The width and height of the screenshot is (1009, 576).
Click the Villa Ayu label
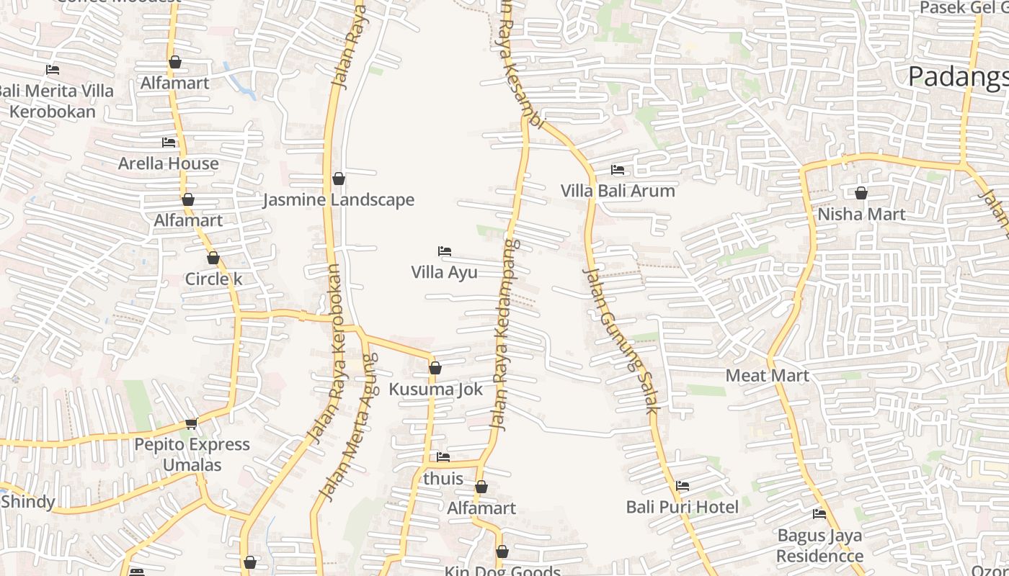(x=444, y=272)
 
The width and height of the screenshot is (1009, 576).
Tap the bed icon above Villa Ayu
(x=445, y=251)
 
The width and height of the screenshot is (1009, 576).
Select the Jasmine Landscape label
(x=338, y=199)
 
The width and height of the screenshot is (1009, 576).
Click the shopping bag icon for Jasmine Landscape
(x=338, y=179)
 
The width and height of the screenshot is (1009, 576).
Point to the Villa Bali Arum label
(x=618, y=191)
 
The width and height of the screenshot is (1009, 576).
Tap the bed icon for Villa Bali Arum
(x=618, y=170)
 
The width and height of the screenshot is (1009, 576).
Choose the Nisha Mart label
(x=861, y=214)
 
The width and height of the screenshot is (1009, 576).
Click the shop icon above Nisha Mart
(x=861, y=193)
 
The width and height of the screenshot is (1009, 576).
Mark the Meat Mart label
(x=767, y=375)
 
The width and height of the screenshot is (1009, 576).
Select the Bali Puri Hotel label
(x=682, y=507)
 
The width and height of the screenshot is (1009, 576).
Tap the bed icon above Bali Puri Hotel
(x=683, y=486)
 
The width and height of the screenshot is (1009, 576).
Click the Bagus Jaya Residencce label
(x=819, y=546)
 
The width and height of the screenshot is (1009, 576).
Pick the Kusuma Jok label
(x=435, y=389)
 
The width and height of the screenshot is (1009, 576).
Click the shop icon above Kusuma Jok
(x=435, y=368)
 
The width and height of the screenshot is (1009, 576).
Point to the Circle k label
(x=213, y=279)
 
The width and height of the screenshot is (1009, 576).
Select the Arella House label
(x=168, y=163)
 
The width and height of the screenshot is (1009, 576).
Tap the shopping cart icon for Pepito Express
(x=192, y=423)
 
